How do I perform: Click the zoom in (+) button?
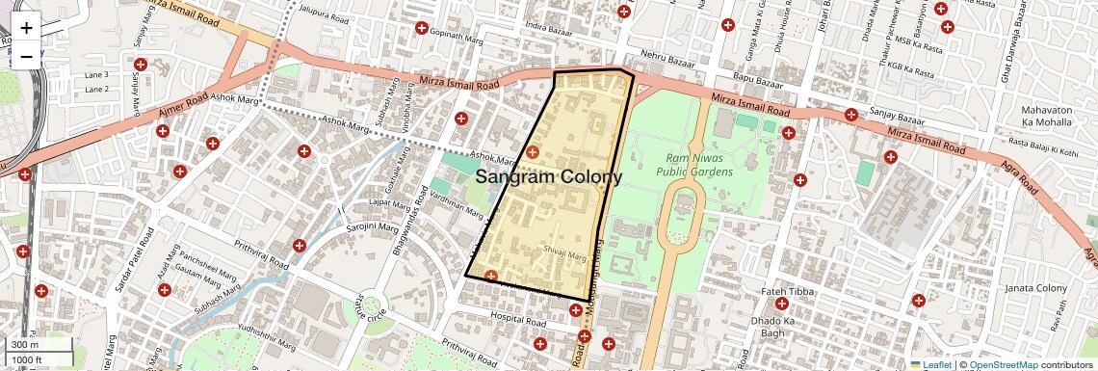coord(26,27)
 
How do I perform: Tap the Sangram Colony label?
coord(549,177)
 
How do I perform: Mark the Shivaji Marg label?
coord(564,256)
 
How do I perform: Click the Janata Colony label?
coord(1035,288)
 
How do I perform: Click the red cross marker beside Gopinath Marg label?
coord(421,28)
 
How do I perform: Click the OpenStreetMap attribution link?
coord(1003,364)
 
